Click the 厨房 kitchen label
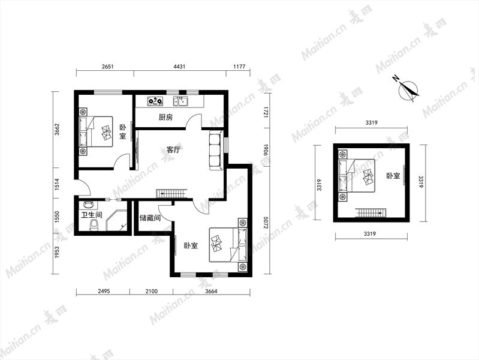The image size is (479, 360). point(165,118)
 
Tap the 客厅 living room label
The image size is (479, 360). point(173,150)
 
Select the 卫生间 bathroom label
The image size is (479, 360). point(91,215)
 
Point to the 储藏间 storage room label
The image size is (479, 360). point(150,218)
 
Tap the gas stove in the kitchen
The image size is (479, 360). point(155,101)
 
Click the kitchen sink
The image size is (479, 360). point(181,101)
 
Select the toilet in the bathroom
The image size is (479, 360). point(94,224)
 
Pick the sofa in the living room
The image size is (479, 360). point(217,150)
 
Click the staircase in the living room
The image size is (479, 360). point(171,194)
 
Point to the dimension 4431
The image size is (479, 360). point(179,67)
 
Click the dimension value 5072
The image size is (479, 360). point(266,223)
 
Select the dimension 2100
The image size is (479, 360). point(152,291)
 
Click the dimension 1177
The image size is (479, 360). point(239,67)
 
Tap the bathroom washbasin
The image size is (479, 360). point(89,204)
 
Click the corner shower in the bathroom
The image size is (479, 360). point(116,220)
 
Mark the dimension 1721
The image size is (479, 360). point(266,113)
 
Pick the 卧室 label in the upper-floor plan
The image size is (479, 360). point(393,176)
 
